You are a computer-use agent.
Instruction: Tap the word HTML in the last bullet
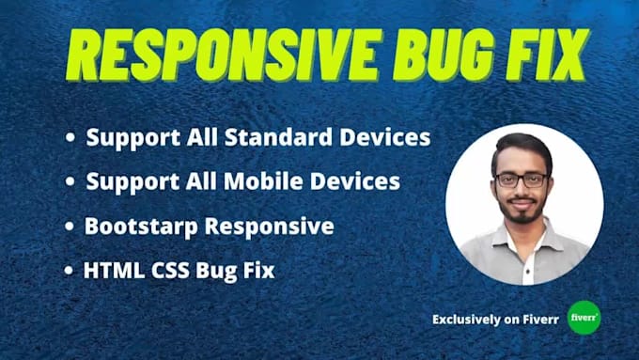(x=110, y=270)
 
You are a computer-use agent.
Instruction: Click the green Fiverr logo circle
(x=584, y=318)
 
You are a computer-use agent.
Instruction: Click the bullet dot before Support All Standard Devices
(x=70, y=138)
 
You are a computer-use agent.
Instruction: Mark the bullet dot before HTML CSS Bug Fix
(x=70, y=271)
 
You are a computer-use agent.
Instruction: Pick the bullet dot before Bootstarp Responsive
(x=70, y=227)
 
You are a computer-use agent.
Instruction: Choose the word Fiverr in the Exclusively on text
(x=542, y=319)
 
